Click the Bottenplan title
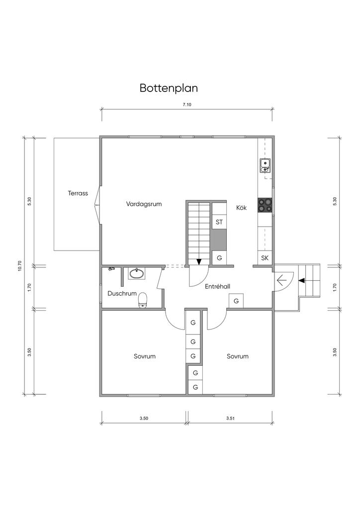pos(169,88)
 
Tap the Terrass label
pos(78,193)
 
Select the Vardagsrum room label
pos(144,204)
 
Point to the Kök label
pos(241,207)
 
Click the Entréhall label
pos(217,286)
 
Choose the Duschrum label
pos(122,293)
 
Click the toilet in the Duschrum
pos(143,300)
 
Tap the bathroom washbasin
pos(137,274)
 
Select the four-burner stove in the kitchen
pos(265,205)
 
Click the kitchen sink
pos(265,166)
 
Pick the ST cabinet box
pos(219,222)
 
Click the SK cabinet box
pos(265,258)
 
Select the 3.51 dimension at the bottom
pos(231,418)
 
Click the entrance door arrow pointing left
pos(281,278)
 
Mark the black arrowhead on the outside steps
pos(301,280)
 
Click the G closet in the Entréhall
pos(236,301)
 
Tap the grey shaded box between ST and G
pos(219,240)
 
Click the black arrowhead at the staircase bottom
pos(199,261)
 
